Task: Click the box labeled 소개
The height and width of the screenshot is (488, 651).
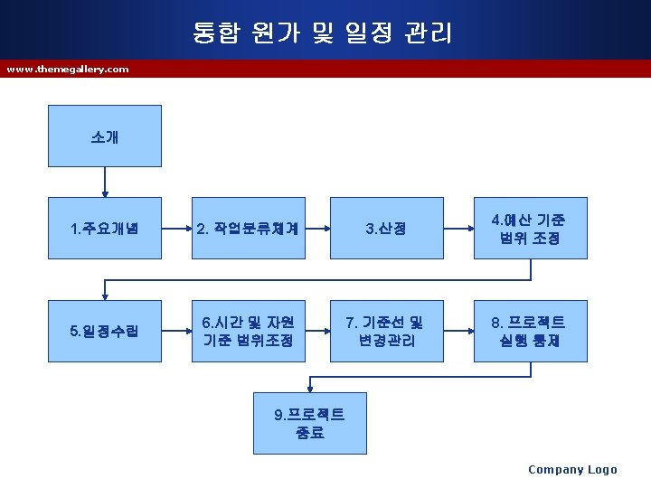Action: [x=104, y=136]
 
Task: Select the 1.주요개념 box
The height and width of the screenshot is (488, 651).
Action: [x=104, y=229]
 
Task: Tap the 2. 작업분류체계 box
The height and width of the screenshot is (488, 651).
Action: [x=248, y=229]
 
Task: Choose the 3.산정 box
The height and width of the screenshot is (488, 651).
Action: [x=386, y=229]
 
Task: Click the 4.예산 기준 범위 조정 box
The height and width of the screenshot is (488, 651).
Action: [x=530, y=229]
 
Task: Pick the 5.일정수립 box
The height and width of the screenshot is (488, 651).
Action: [x=104, y=331]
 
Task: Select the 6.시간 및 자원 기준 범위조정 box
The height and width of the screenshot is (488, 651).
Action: [x=248, y=331]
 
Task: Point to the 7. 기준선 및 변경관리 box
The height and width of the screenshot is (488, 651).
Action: [x=386, y=331]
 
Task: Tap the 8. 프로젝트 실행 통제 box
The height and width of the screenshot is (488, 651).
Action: [x=530, y=331]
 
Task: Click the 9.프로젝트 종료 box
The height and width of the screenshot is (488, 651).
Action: [x=309, y=423]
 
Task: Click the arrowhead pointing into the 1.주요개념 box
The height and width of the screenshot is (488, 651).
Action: [x=105, y=192]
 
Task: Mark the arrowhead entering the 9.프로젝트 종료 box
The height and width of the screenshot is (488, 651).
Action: [x=310, y=388]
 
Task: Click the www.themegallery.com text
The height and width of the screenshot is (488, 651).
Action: [x=68, y=69]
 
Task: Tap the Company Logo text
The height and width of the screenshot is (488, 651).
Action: [x=572, y=469]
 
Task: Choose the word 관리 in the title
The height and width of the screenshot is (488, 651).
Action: [x=429, y=34]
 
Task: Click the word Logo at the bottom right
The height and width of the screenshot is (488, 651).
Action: [x=602, y=469]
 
